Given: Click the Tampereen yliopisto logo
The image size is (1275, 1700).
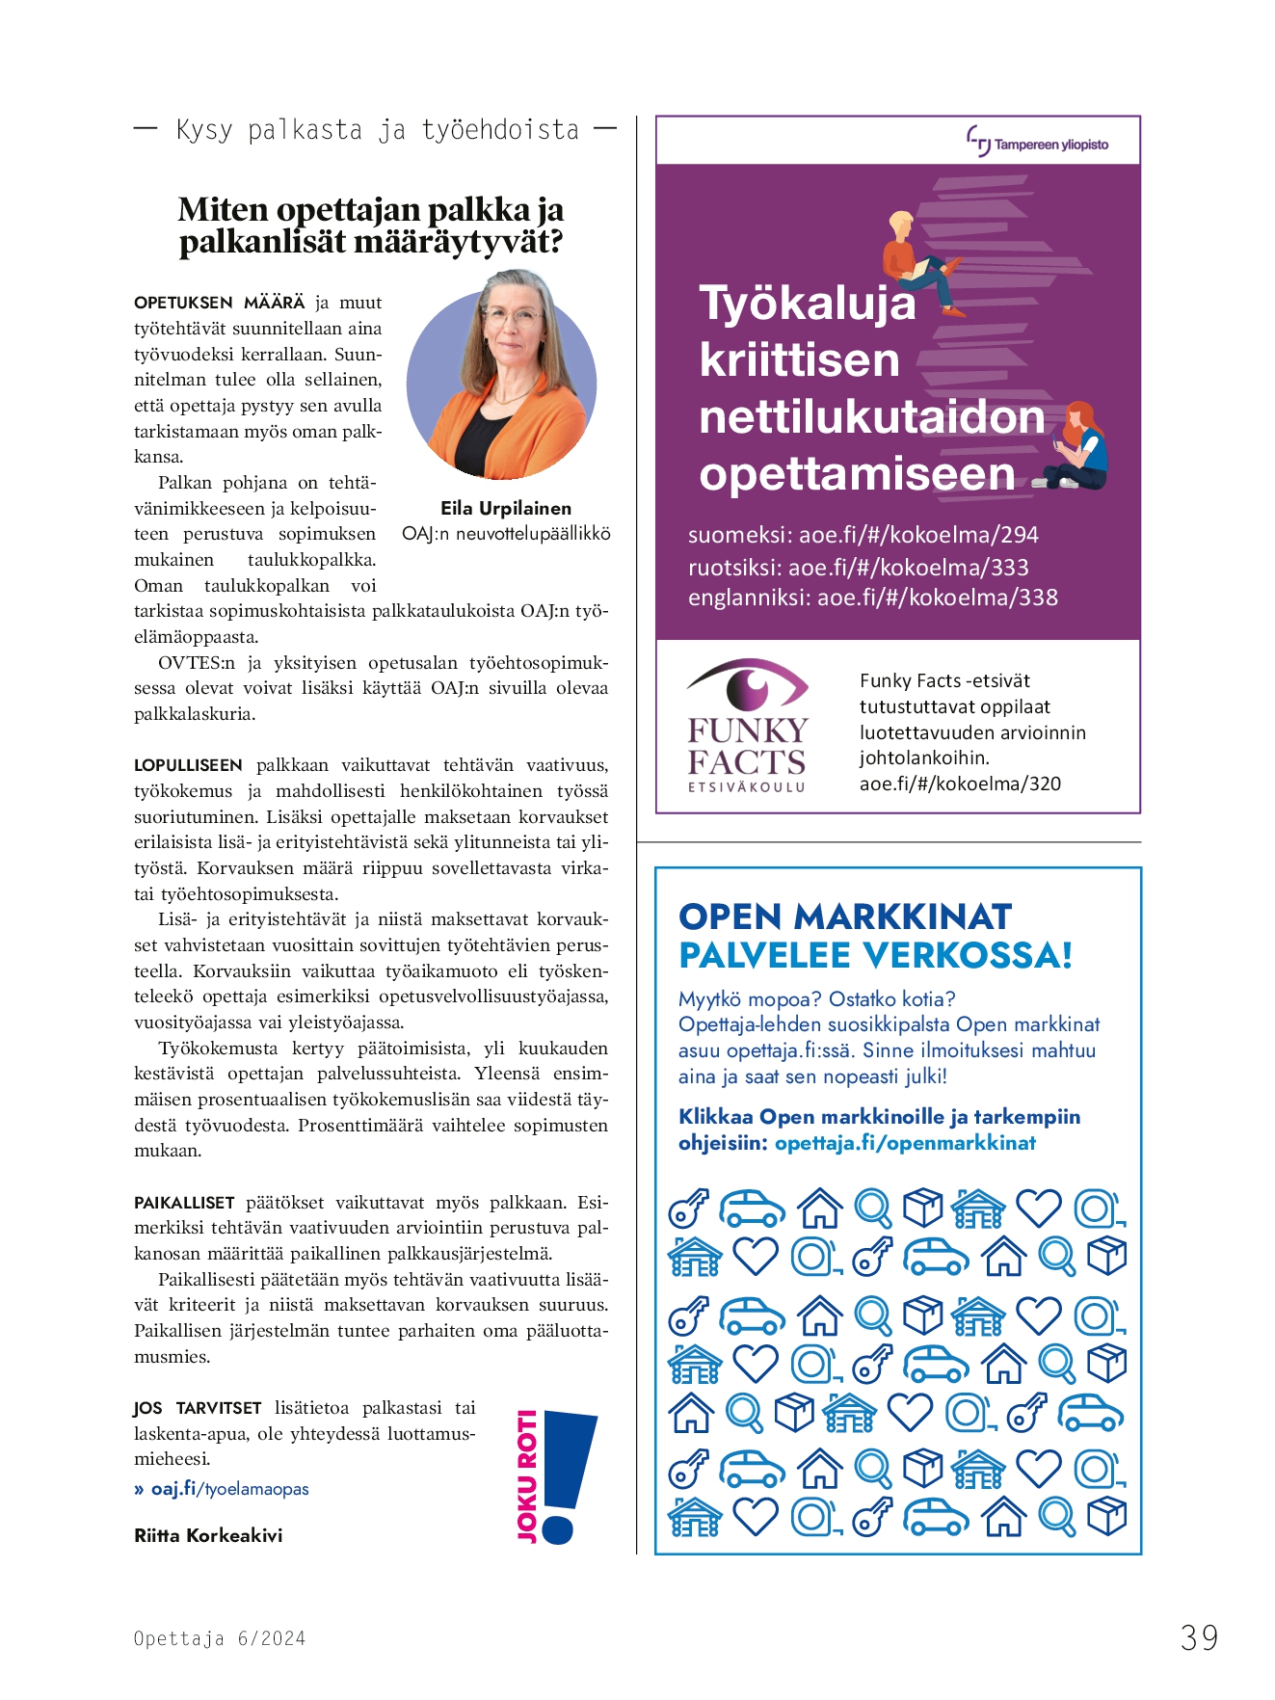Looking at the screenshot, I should pyautogui.click(x=1037, y=143).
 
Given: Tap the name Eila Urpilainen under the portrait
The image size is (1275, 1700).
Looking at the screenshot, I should pyautogui.click(x=506, y=508).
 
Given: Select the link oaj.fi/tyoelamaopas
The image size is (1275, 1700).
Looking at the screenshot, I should pyautogui.click(x=229, y=1489).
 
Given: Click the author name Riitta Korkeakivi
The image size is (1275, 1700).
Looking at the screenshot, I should pyautogui.click(x=208, y=1535).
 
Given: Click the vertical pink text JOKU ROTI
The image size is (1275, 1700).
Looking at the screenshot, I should pyautogui.click(x=527, y=1475).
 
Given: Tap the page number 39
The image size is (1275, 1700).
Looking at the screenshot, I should pyautogui.click(x=1199, y=1637).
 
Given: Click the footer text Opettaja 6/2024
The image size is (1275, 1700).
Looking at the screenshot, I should pyautogui.click(x=220, y=1638).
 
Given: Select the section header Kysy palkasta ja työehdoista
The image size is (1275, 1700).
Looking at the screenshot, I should pyautogui.click(x=377, y=130).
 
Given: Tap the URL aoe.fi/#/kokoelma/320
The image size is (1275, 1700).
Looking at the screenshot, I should pyautogui.click(x=960, y=784).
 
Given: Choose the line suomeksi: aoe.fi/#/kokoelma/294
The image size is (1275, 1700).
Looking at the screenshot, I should pyautogui.click(x=863, y=535).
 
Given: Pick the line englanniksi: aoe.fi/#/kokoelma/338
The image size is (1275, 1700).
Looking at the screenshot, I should pyautogui.click(x=872, y=598).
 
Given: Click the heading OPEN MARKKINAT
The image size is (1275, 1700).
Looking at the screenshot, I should pyautogui.click(x=845, y=916).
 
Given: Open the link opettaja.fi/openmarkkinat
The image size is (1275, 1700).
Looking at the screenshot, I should pyautogui.click(x=905, y=1143).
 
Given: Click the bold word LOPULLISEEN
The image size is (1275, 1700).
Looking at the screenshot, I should pyautogui.click(x=189, y=765).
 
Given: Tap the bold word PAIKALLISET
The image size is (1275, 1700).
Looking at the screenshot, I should pyautogui.click(x=184, y=1203).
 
